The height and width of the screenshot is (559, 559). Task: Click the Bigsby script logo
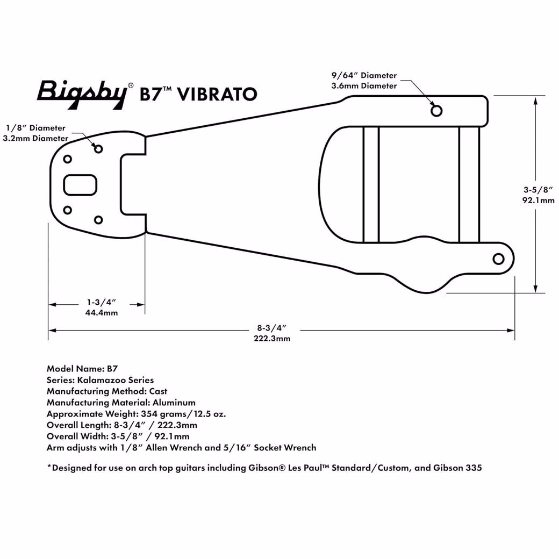click(82, 94)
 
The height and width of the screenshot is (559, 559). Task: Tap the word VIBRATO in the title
click(217, 94)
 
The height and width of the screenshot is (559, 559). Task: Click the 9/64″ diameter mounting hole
click(436, 111)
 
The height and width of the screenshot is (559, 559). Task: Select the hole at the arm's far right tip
click(498, 259)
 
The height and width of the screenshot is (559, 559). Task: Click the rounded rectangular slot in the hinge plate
click(80, 185)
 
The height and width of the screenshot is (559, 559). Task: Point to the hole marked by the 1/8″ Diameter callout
click(98, 149)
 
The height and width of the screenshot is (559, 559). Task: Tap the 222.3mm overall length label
click(272, 338)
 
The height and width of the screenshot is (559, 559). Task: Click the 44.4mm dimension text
click(102, 313)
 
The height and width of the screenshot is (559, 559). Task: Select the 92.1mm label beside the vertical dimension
click(539, 200)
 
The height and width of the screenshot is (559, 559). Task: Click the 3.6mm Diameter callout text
click(364, 86)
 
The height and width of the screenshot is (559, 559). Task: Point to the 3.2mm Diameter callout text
click(35, 138)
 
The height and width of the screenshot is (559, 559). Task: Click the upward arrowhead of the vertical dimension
click(535, 101)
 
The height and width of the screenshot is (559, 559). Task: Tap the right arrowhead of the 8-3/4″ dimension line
click(511, 331)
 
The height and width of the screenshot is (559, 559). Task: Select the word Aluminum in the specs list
click(174, 403)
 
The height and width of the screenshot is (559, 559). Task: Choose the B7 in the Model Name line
click(112, 369)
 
